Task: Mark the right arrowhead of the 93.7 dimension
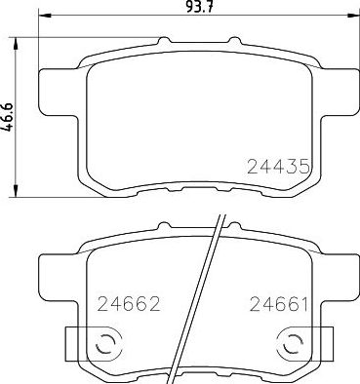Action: (x=352, y=20)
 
